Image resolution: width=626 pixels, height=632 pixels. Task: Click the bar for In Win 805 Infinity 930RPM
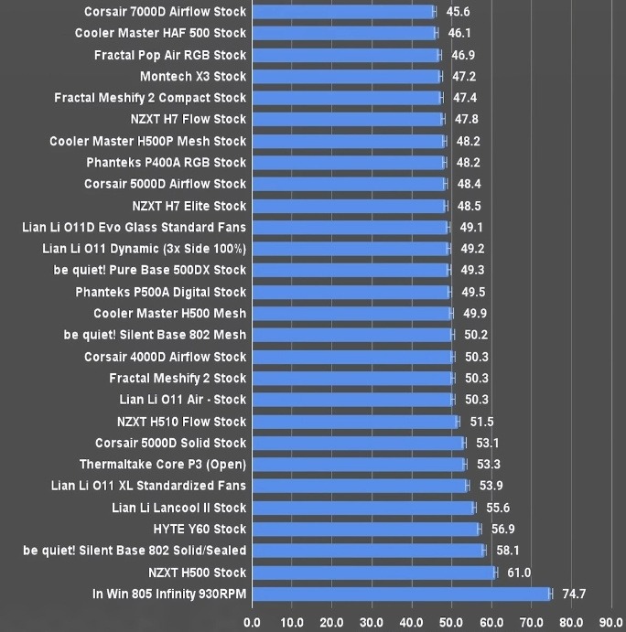click(401, 595)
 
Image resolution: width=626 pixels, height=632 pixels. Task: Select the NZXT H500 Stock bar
click(373, 573)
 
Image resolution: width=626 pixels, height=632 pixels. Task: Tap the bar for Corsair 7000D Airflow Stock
click(342, 12)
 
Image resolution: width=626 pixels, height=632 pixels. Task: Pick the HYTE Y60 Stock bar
click(365, 530)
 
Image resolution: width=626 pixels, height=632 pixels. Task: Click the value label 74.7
click(574, 595)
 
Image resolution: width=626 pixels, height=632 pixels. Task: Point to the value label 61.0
click(519, 573)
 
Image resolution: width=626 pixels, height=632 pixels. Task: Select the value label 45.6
click(458, 12)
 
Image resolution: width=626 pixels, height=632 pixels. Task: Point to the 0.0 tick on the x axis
click(252, 622)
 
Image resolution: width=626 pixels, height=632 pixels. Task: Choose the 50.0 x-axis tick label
click(451, 622)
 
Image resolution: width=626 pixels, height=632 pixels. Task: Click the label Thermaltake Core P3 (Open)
click(163, 465)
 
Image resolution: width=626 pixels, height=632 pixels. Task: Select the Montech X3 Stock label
click(193, 77)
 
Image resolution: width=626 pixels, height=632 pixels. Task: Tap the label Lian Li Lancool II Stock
click(179, 508)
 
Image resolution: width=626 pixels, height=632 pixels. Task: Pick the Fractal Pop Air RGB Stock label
click(170, 55)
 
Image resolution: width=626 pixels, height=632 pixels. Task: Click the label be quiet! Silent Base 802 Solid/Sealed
click(135, 551)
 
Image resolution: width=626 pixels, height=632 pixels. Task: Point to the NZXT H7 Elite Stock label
click(189, 206)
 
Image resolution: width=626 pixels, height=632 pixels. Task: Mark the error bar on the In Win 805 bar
click(550, 595)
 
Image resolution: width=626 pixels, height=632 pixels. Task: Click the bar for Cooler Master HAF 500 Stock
click(343, 33)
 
